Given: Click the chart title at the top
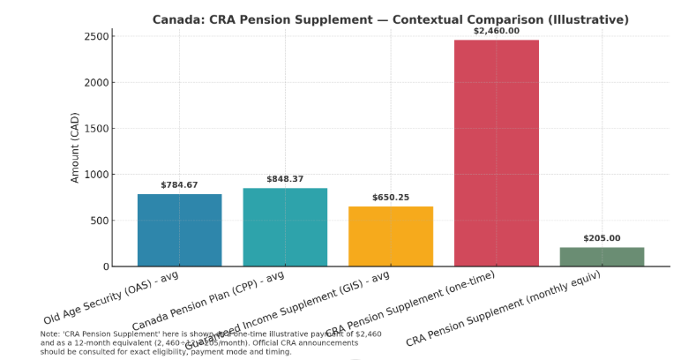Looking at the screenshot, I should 391,19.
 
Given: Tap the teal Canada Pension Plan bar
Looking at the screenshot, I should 285,227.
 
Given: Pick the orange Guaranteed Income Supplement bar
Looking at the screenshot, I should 391,236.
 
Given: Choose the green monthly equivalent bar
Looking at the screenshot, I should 602,256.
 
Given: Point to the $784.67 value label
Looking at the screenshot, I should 179,185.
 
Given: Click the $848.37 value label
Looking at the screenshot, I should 285,179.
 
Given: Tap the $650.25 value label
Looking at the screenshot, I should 391,198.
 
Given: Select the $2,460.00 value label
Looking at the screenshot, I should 496,31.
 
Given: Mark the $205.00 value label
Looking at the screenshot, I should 602,238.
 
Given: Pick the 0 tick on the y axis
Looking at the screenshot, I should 105,266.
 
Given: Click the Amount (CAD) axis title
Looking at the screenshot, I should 75,147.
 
